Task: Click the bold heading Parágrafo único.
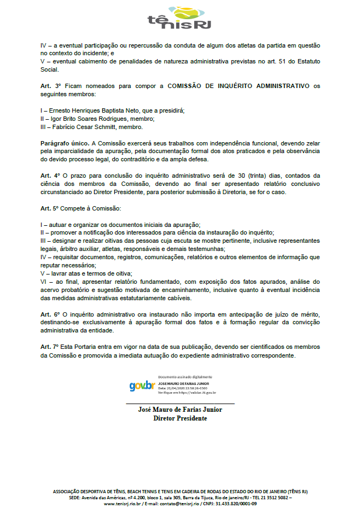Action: [65, 142]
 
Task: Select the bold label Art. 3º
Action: [50, 86]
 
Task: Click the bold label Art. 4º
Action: [50, 175]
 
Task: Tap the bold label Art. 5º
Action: [50, 209]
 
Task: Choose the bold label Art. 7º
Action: [50, 347]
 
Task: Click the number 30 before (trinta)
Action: [241, 175]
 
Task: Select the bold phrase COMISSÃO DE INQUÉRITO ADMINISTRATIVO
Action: [238, 86]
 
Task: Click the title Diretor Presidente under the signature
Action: [180, 418]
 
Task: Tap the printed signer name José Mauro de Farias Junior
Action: [180, 410]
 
